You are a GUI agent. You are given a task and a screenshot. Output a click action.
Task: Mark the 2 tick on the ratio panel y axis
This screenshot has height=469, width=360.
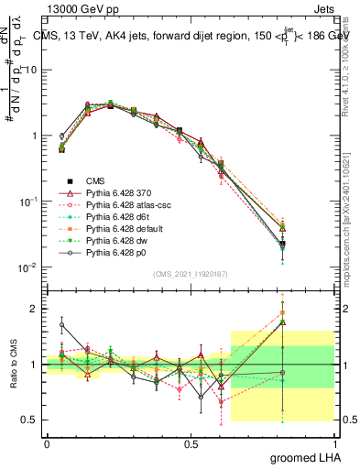pyautogui.click(x=37, y=309)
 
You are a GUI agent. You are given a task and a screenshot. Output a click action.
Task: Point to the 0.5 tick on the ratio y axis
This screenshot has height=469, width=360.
pyautogui.click(x=32, y=420)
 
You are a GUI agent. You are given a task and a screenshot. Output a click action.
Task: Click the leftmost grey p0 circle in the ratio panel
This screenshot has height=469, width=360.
pyautogui.click(x=61, y=324)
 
